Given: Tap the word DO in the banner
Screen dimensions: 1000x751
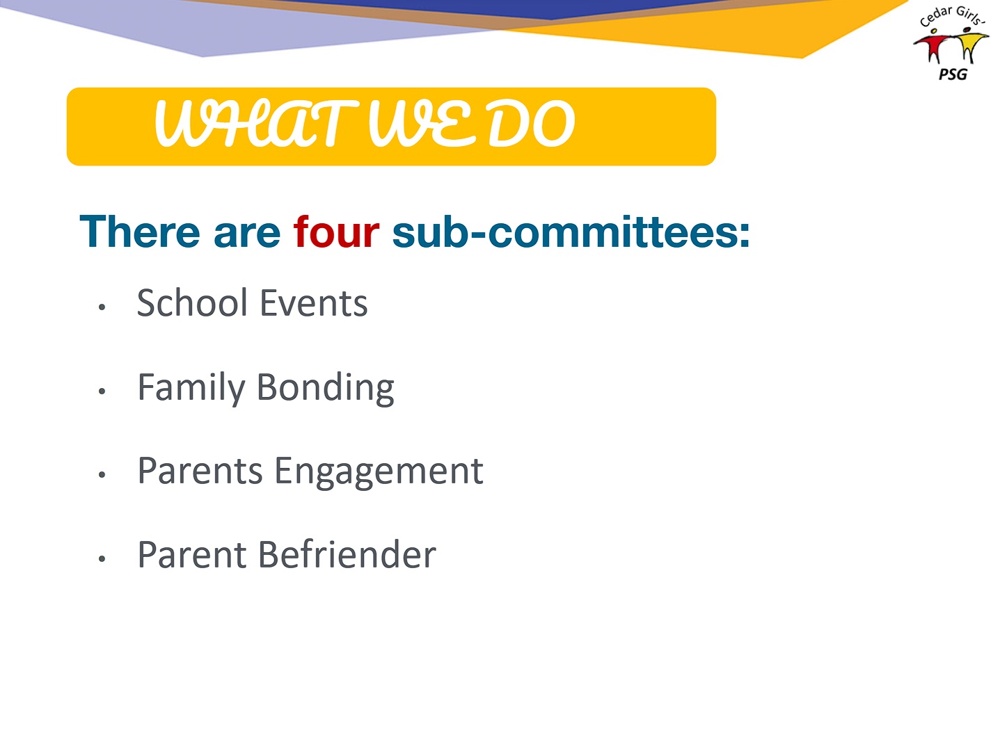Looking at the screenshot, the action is point(531,123).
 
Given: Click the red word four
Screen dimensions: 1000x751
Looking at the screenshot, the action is point(336,232).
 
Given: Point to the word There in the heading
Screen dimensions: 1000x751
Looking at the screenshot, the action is point(140,232).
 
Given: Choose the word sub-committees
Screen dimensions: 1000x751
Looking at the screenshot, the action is point(571,232).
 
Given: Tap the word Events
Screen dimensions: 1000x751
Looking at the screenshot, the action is point(313,304).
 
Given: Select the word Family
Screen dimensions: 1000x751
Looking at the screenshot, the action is point(191,388).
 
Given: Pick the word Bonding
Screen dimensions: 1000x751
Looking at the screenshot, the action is point(325,388).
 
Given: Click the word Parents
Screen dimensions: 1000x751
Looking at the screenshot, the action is point(200,471).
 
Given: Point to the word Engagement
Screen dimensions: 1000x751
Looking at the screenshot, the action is point(379,472).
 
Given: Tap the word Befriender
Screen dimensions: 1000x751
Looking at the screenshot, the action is point(347,555).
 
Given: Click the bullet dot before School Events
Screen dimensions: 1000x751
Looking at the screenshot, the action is point(102,307).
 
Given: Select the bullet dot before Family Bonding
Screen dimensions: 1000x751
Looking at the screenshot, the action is point(102,391).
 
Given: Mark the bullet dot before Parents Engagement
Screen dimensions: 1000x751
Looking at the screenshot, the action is point(102,474).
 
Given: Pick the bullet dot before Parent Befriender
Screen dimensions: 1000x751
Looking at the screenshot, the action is point(102,558).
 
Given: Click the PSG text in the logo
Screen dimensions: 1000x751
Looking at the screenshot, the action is point(953,74).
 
